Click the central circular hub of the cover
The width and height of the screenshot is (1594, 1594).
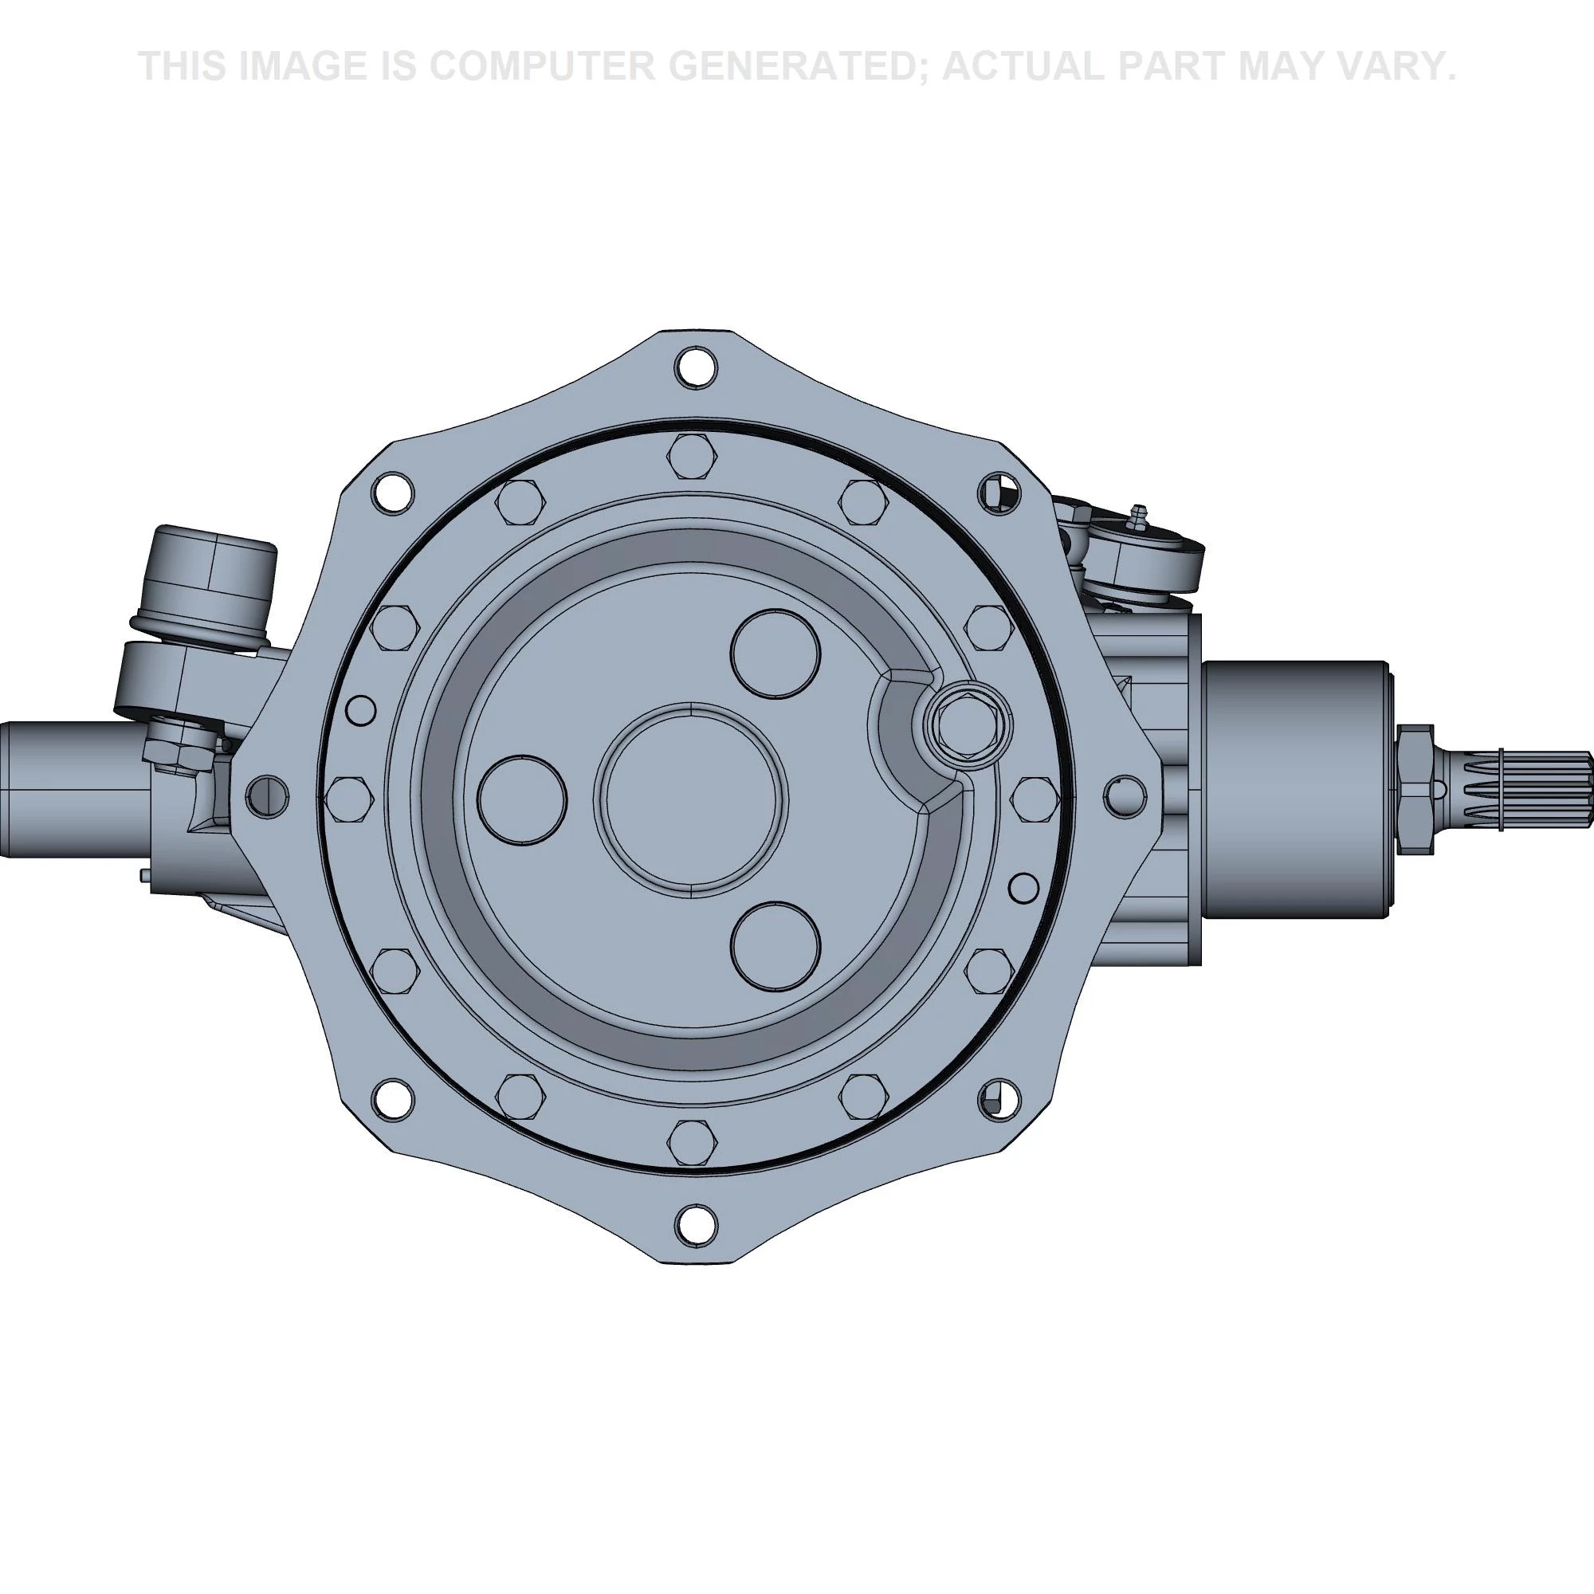(691, 798)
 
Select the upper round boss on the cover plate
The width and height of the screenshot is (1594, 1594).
(775, 654)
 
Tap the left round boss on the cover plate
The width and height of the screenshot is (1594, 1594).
(522, 799)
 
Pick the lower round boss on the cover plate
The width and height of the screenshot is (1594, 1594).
(775, 945)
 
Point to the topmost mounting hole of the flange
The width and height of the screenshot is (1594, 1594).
(695, 367)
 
